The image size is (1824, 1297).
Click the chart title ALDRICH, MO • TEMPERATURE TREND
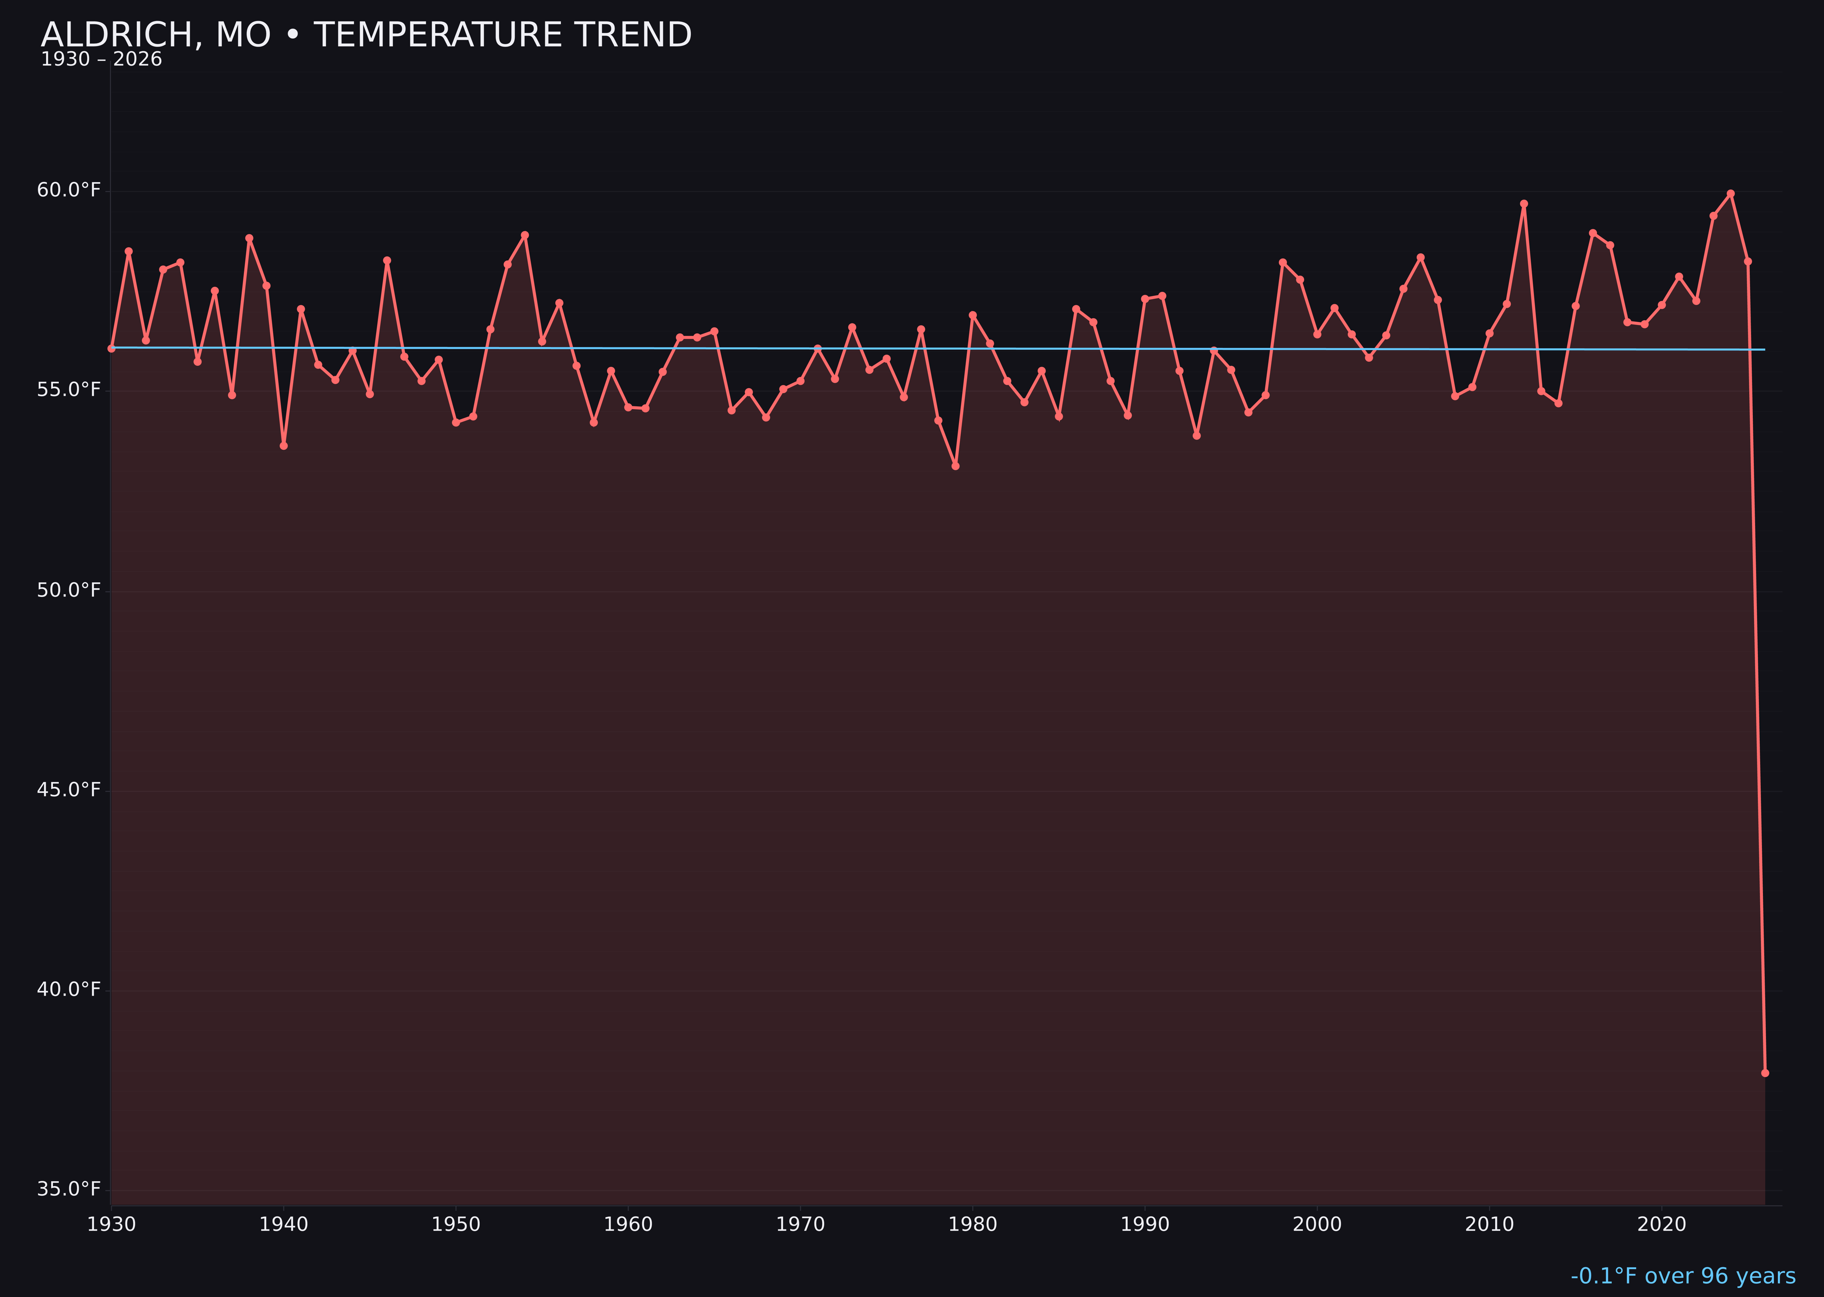366,35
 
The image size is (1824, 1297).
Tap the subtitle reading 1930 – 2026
101,60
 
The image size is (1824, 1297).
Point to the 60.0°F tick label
69,190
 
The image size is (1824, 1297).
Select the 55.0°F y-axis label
69,390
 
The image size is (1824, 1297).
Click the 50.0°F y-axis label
69,590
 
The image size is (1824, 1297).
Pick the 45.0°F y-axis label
69,790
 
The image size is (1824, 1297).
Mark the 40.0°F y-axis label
69,990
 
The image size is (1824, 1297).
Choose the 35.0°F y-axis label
69,1189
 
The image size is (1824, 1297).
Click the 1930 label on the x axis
111,1224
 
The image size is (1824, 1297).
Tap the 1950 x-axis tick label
456,1224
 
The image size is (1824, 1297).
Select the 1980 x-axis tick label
973,1224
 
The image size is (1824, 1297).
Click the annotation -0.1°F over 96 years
1683,1276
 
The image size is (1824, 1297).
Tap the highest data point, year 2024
1731,193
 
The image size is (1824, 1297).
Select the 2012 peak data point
1524,204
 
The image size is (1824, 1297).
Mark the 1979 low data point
955,466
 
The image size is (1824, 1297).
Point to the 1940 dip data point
284,446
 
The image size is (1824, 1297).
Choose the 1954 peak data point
525,235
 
